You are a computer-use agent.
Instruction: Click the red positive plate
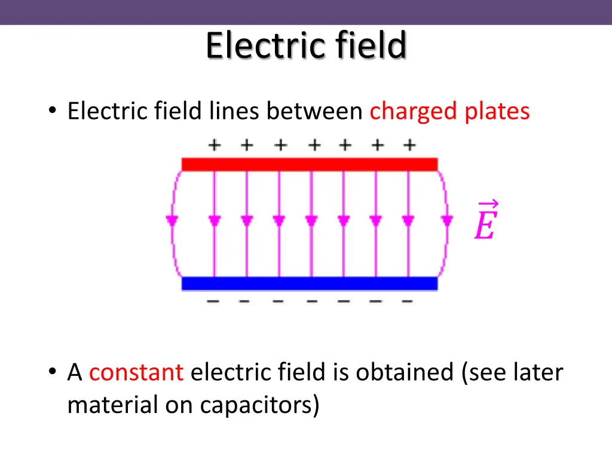(x=310, y=164)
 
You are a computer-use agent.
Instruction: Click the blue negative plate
(x=310, y=283)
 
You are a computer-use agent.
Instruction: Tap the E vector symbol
(x=485, y=222)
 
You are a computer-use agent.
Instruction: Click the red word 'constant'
(x=136, y=372)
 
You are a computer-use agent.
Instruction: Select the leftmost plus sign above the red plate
(x=213, y=145)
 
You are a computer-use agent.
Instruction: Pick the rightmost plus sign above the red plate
(x=409, y=145)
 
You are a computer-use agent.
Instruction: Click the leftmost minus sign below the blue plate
(x=213, y=301)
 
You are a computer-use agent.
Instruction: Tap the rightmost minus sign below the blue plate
(x=407, y=301)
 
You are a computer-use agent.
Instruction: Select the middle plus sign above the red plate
(x=312, y=145)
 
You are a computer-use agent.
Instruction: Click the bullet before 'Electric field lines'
(x=53, y=111)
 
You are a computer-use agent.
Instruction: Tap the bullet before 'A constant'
(x=53, y=372)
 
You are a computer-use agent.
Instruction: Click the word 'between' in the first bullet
(x=314, y=111)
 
